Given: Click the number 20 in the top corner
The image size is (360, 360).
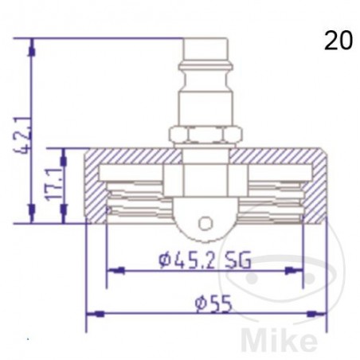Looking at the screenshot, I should pos(338,41).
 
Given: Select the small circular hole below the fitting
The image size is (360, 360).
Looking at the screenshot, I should pos(206,223).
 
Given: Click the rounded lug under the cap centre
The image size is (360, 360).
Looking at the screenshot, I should pos(205,223).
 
